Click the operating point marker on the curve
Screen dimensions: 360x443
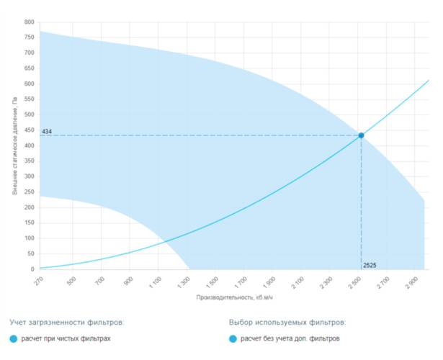[x=361, y=135]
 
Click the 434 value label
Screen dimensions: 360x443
[x=47, y=132]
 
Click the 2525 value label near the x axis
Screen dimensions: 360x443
[x=370, y=266]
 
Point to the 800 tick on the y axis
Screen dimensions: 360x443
[x=29, y=22]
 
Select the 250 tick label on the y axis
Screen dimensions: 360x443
[x=29, y=192]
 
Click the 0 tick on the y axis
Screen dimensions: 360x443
[x=32, y=270]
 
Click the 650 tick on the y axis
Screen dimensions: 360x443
[x=29, y=68]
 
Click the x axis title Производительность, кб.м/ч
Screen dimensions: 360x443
[x=233, y=297]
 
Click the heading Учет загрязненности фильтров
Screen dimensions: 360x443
[x=66, y=322]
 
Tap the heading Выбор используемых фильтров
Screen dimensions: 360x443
[x=287, y=322]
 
